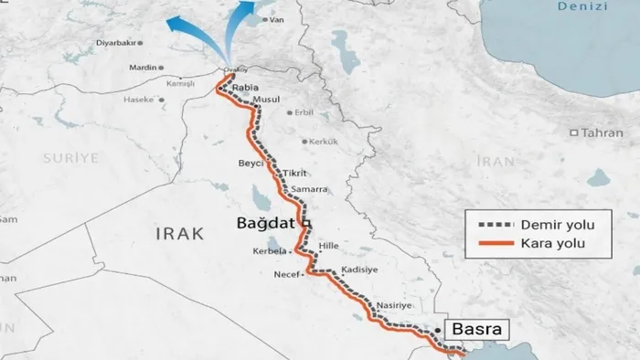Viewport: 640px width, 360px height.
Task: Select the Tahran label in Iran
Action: coord(602,132)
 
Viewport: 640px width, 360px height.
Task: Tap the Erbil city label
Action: coord(304,113)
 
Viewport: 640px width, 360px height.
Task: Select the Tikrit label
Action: coord(294,173)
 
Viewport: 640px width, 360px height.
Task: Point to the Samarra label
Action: coord(310,189)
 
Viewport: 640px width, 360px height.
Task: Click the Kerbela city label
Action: coord(270,250)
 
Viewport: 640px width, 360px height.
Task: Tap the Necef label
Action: coord(286,274)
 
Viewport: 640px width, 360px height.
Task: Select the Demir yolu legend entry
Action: coord(546,225)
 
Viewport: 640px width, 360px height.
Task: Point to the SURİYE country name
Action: coord(69,158)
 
